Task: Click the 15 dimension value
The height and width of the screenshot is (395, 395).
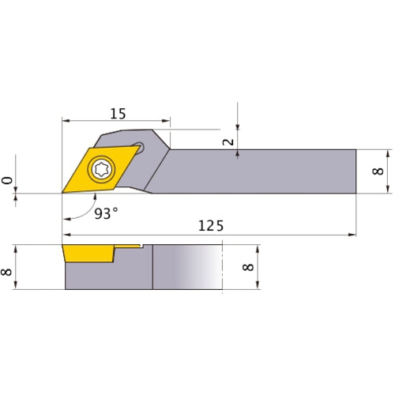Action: click(x=117, y=114)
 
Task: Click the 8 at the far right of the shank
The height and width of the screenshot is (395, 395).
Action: click(x=379, y=171)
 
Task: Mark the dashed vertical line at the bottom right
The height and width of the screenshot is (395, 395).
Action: click(x=224, y=269)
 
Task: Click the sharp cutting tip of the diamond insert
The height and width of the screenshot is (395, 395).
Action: click(x=62, y=192)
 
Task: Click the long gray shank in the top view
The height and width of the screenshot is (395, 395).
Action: click(x=261, y=171)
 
